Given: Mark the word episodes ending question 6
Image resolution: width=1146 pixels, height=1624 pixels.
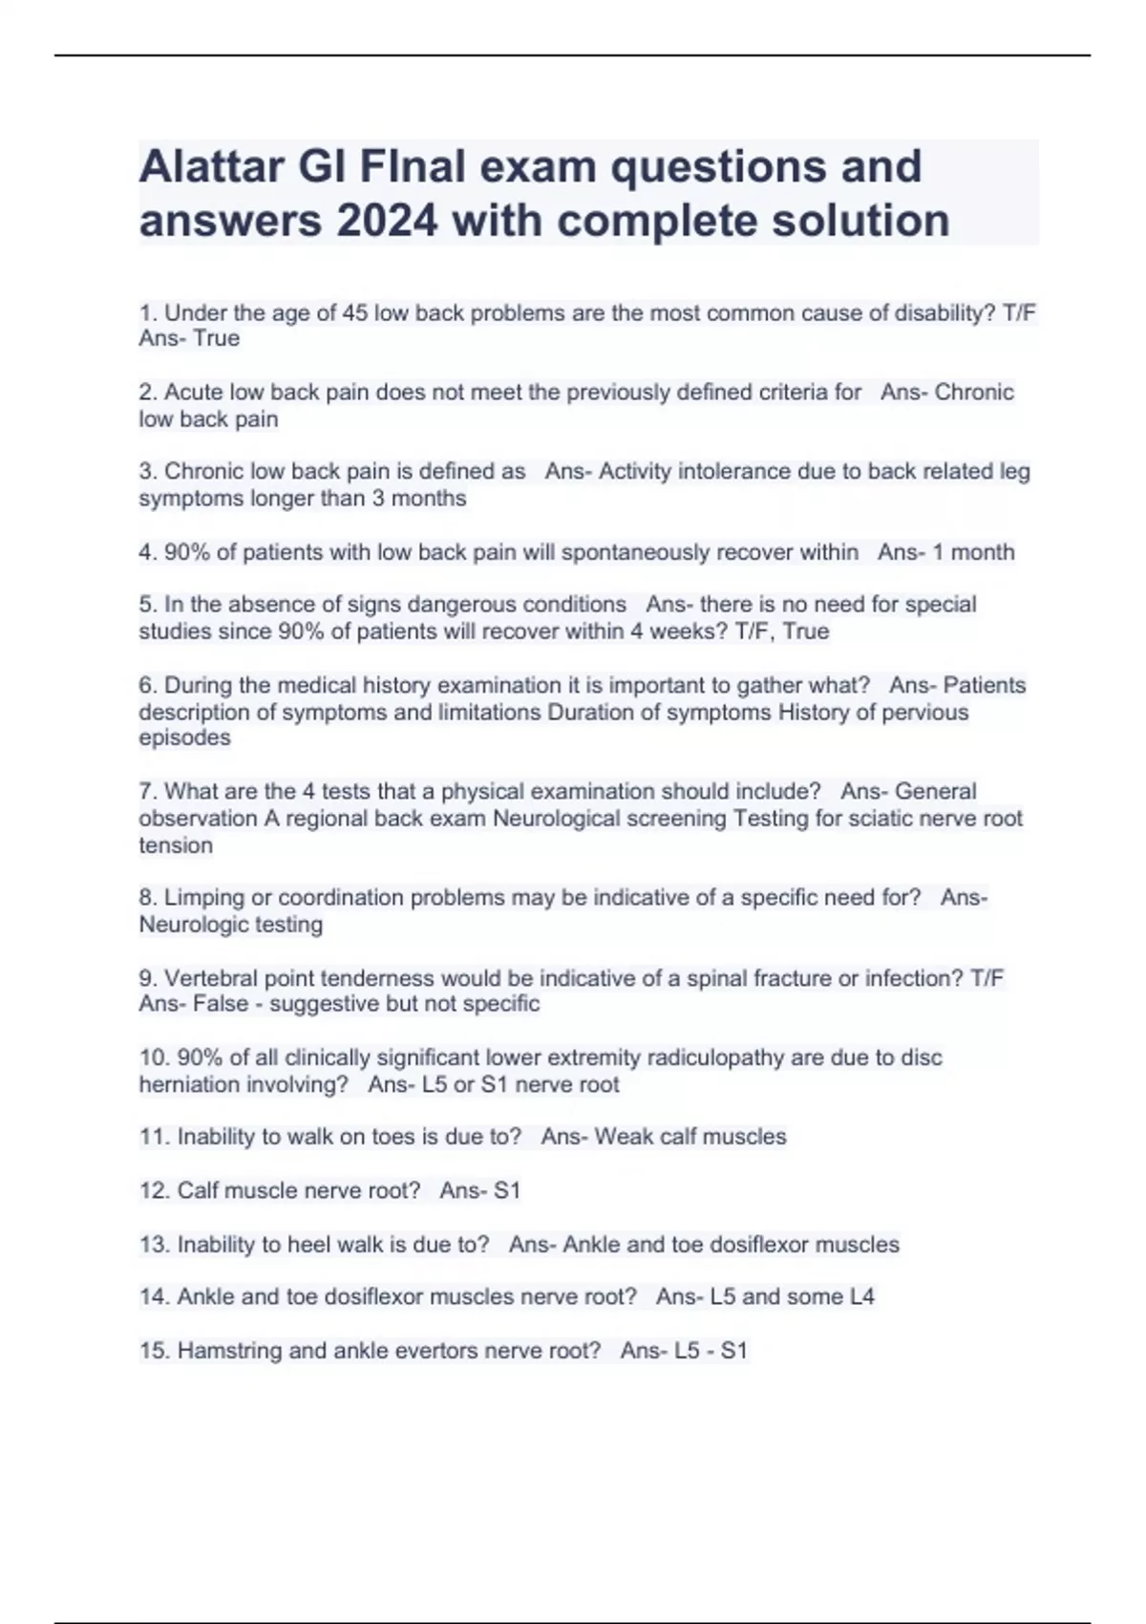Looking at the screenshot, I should [184, 737].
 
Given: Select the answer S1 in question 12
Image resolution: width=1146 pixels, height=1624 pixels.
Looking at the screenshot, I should [506, 1191].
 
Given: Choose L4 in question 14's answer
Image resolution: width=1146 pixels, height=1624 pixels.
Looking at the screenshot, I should [861, 1297].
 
